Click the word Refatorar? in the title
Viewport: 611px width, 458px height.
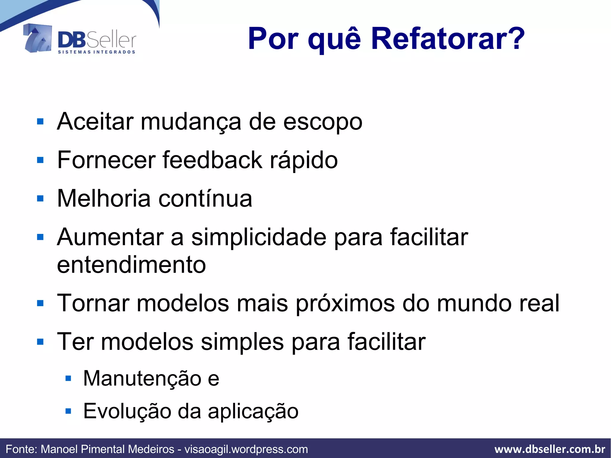(x=448, y=39)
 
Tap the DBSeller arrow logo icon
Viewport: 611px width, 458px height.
(x=38, y=38)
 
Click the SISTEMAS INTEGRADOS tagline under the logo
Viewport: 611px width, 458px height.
(x=96, y=52)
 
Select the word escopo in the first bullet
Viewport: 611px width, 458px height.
(x=323, y=122)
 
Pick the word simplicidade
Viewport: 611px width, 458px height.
(x=259, y=237)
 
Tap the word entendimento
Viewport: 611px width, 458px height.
(x=131, y=265)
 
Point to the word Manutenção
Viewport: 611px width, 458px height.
(x=142, y=378)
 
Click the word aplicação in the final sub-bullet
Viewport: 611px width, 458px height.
(x=253, y=411)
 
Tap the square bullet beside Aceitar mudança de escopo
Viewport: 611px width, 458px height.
(x=40, y=122)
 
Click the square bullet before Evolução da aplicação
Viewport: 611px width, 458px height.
(x=68, y=411)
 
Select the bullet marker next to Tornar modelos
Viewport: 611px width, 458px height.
(x=40, y=303)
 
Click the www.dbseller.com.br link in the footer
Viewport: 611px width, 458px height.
(x=550, y=449)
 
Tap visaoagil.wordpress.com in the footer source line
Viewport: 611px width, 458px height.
(x=246, y=449)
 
